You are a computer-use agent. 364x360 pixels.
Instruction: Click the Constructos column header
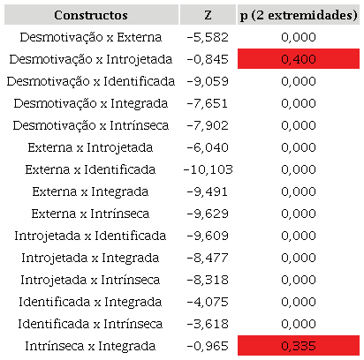90,16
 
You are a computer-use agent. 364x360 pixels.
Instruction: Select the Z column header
207,16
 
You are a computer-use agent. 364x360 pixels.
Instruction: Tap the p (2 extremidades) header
298,16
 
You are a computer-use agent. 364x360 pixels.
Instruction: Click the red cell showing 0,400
298,58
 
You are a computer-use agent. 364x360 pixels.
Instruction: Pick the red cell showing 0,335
298,345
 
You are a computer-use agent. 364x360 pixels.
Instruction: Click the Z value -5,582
207,37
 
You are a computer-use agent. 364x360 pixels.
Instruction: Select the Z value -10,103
207,169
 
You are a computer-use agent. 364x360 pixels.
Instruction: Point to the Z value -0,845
207,58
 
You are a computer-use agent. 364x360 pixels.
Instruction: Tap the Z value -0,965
207,345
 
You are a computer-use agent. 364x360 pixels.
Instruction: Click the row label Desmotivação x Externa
90,37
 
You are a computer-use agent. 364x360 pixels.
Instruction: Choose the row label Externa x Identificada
90,169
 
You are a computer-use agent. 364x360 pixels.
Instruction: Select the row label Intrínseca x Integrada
90,345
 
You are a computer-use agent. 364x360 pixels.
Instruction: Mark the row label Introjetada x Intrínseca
90,280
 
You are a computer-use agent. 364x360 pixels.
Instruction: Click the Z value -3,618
207,323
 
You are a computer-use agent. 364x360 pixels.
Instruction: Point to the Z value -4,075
207,302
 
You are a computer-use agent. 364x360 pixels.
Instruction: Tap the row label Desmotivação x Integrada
90,103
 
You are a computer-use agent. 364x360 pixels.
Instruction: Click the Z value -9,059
207,81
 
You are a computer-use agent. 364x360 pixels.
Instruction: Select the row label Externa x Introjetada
90,147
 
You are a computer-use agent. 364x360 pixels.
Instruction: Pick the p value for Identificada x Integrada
298,302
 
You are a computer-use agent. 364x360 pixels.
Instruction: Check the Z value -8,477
207,258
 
